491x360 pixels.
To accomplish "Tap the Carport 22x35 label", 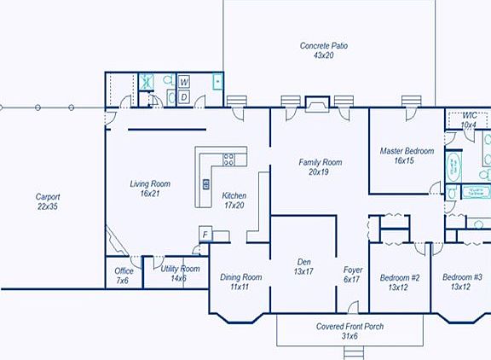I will (48, 201).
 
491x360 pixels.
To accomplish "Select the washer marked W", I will (184, 82).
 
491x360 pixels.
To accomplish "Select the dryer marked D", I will (184, 97).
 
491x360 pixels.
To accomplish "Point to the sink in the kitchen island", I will (205, 184).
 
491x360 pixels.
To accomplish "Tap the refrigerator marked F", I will (205, 235).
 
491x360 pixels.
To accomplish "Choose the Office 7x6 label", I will (123, 276).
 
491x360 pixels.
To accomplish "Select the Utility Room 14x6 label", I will (180, 274).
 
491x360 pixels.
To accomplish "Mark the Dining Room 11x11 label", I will (240, 282).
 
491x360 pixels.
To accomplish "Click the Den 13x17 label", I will (303, 267).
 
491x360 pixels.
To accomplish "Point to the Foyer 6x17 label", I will (353, 274).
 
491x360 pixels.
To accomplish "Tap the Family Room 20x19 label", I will (320, 166).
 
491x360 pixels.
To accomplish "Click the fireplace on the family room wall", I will (315, 103).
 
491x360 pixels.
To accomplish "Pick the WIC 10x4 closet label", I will (469, 119).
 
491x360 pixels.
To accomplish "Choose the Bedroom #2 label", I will (400, 282).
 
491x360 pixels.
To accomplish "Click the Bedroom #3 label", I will (461, 282).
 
